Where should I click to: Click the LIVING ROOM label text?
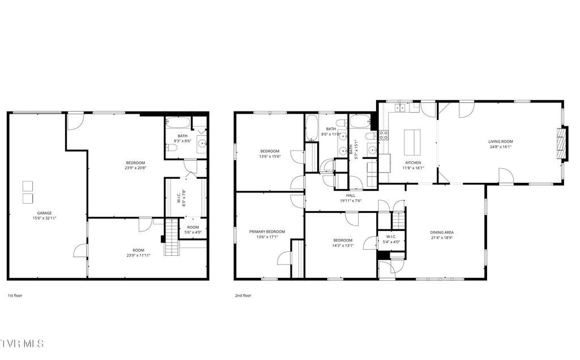[500, 142]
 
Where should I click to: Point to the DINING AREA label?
[442, 232]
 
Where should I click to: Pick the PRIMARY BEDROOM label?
[267, 232]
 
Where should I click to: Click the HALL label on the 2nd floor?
[351, 195]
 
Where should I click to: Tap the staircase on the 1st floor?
[172, 238]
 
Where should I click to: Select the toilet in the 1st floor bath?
[173, 148]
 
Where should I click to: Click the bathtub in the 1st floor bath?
[178, 123]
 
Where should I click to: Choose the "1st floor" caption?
[15, 295]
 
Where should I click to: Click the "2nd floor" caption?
[243, 295]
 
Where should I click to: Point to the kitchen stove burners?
[383, 135]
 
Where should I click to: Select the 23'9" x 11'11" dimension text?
[139, 256]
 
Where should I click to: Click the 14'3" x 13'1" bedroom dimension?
[343, 246]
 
